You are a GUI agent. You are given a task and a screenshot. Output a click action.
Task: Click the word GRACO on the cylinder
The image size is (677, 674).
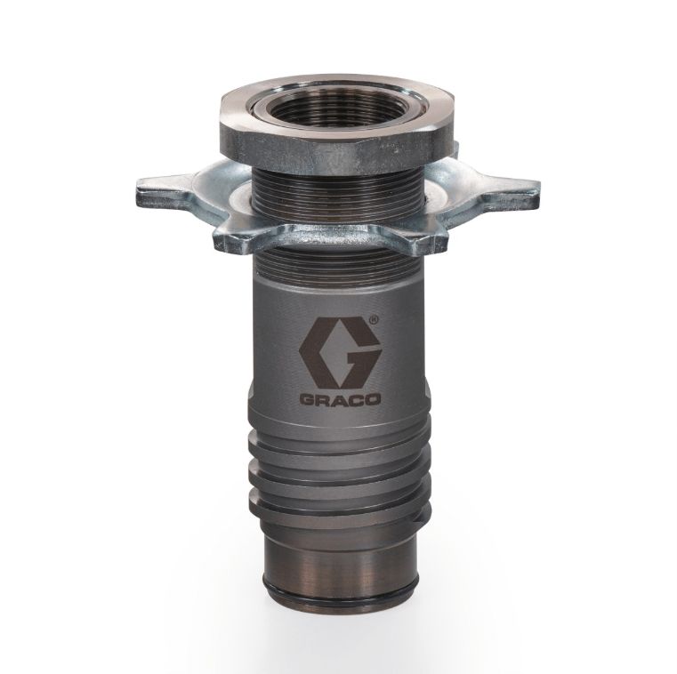(x=340, y=399)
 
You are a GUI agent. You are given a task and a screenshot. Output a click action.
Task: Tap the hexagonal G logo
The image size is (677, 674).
(x=340, y=352)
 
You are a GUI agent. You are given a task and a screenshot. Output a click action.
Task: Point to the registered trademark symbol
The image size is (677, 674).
(x=374, y=320)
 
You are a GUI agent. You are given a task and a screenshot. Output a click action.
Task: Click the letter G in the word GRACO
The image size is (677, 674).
(x=308, y=399)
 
